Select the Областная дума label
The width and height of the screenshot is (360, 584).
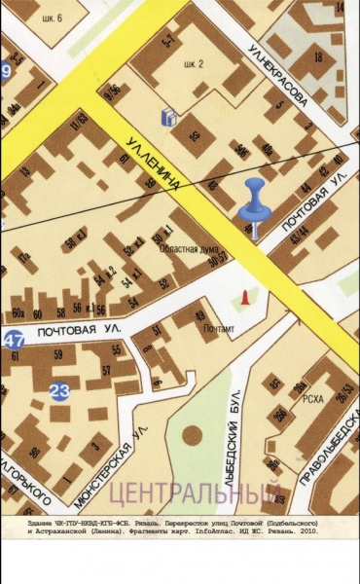[x=188, y=248]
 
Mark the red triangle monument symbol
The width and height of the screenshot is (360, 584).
[x=245, y=295]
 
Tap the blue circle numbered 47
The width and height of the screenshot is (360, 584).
[x=13, y=340]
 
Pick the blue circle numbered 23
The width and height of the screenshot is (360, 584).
[x=59, y=391]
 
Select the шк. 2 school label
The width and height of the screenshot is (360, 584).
[x=194, y=64]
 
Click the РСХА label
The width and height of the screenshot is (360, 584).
[x=312, y=396]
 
